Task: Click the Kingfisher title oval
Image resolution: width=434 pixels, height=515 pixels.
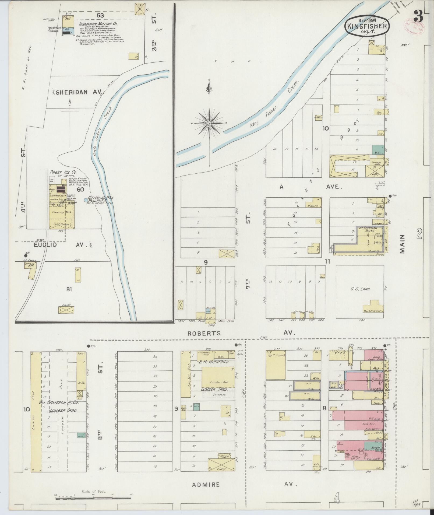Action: click(x=367, y=26)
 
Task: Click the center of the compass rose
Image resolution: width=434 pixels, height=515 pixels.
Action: click(x=209, y=123)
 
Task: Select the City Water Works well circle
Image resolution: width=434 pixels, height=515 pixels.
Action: click(x=86, y=200)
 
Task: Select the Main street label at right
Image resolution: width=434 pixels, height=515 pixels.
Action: click(x=402, y=244)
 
